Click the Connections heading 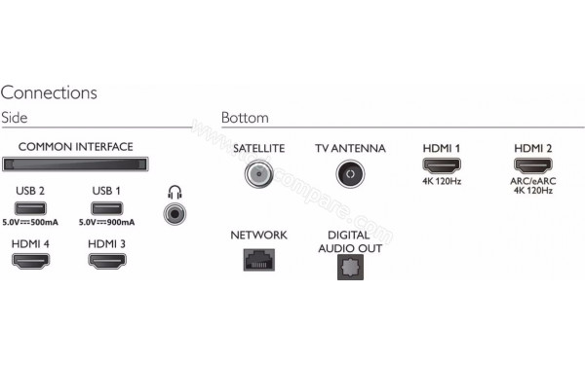coord(49,93)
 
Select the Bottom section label coord(245,118)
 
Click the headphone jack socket coord(176,210)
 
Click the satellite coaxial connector coord(259,174)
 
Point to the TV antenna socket coord(349,174)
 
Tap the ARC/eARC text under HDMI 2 coord(533,182)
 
